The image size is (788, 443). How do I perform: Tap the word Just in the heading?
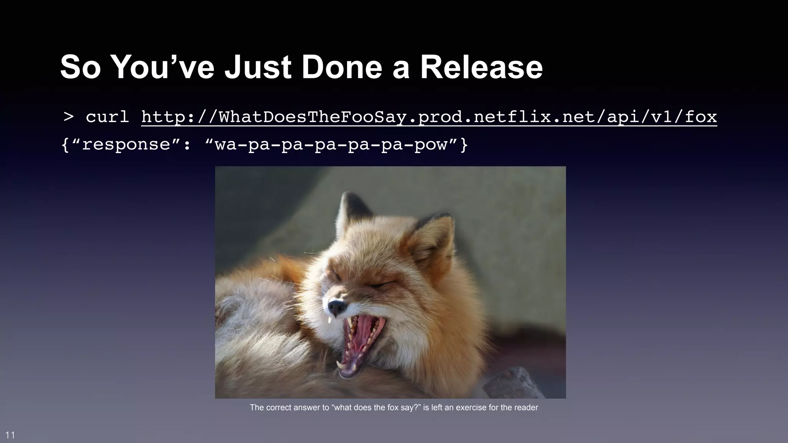tap(258, 67)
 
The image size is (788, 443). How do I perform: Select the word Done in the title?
tap(341, 67)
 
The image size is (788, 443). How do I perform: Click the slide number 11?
tap(10, 435)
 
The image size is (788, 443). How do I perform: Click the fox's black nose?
tap(336, 307)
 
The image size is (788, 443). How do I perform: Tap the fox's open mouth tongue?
tap(364, 338)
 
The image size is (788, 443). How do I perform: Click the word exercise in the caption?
tap(471, 408)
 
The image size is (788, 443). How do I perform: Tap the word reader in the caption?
tap(526, 408)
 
